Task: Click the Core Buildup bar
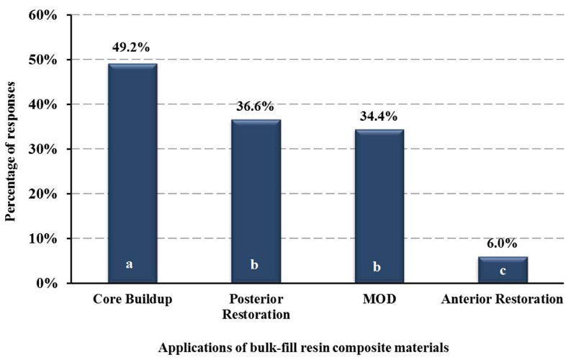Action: pos(130,173)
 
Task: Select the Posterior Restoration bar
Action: pos(255,202)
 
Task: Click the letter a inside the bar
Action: pos(130,264)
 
